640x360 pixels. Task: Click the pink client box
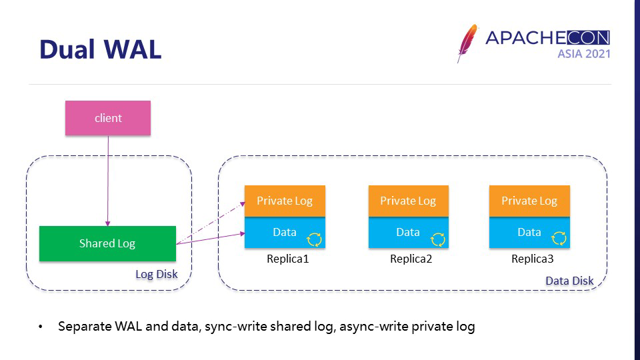(108, 118)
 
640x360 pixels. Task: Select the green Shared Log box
(107, 243)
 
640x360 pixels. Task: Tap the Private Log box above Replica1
(285, 201)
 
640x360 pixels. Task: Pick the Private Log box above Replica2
(408, 201)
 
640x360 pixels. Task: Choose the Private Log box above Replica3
(529, 201)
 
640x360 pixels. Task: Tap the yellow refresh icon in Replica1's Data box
(314, 239)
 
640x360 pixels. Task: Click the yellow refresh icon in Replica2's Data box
(437, 239)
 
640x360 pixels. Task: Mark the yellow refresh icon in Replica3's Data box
(559, 239)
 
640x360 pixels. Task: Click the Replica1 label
(288, 259)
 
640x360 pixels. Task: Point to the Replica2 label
(411, 259)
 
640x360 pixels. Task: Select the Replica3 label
(533, 259)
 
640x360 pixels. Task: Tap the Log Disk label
(157, 274)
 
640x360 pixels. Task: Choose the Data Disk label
(569, 281)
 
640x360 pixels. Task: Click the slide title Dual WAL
(100, 49)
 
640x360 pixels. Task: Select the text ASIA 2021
(583, 54)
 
